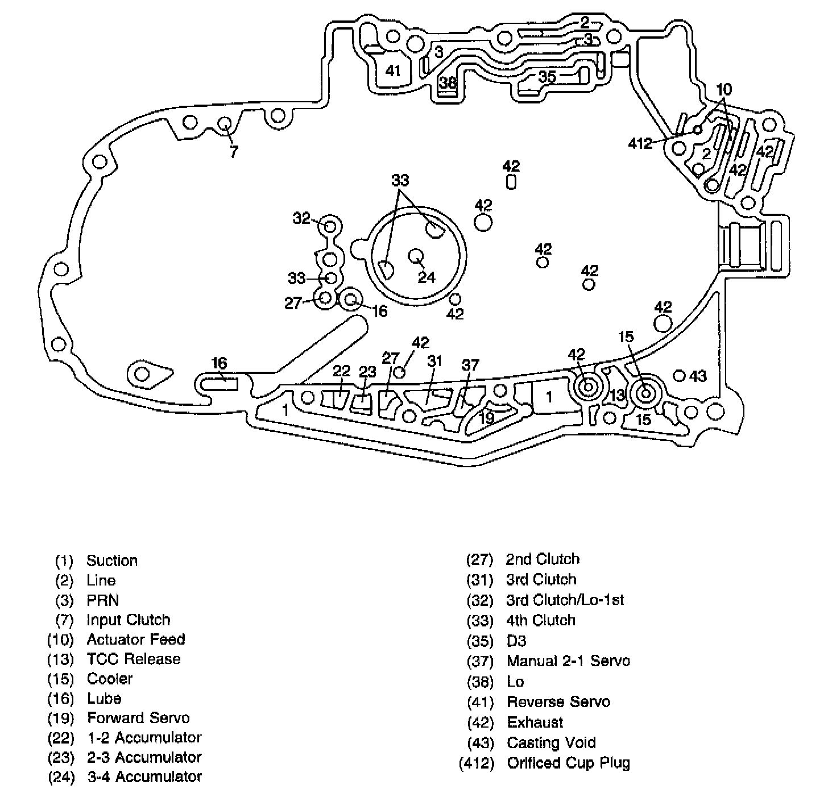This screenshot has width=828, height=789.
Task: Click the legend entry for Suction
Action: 112,561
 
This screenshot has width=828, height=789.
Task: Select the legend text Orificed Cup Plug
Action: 568,763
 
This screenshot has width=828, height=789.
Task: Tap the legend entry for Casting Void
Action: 551,743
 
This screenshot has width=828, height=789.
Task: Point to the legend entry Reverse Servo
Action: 558,702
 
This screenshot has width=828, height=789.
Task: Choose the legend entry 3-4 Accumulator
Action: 144,776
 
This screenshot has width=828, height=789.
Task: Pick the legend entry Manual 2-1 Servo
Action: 568,661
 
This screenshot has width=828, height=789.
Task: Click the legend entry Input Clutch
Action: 129,620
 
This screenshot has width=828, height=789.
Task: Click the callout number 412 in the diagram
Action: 640,143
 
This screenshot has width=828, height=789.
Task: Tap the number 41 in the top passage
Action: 393,71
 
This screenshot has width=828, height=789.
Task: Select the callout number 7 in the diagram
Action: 234,152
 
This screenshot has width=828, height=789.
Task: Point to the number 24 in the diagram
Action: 427,277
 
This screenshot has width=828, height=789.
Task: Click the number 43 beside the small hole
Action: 698,376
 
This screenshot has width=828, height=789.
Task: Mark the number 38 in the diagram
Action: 448,83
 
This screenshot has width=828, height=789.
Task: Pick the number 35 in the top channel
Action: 547,76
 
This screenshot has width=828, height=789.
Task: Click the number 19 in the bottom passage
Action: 486,418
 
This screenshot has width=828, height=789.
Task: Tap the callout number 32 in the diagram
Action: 301,218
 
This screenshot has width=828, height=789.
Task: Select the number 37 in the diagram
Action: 470,365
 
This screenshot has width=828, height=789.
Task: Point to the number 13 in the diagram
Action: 618,395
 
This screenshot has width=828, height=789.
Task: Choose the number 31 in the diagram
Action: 434,361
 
